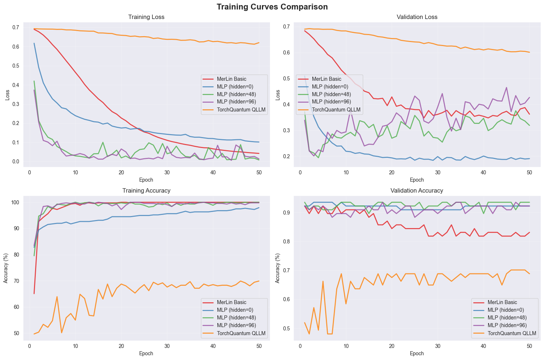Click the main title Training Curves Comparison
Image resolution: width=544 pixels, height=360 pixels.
point(272,7)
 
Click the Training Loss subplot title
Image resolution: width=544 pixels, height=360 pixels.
point(146,17)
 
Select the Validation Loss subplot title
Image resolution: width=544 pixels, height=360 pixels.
point(417,17)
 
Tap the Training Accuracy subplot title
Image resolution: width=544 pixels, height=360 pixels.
point(146,190)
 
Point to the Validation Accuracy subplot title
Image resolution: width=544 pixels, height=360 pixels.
point(417,190)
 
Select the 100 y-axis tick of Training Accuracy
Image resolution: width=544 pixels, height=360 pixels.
point(15,202)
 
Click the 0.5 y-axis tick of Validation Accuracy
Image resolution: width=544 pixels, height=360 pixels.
point(286,328)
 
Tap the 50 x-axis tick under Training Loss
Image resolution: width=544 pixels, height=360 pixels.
point(258,173)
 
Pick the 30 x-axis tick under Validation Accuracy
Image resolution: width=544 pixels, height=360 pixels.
point(437,346)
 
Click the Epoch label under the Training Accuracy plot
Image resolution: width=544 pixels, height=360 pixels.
point(146,353)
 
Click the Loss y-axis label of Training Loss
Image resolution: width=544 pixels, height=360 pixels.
point(7,95)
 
